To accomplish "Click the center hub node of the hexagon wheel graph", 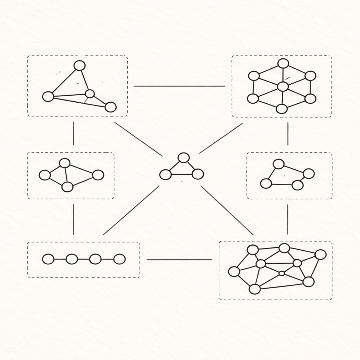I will (283, 86).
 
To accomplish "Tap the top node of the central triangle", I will (184, 157).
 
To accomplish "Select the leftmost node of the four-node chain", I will (48, 259).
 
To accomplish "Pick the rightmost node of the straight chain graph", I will (120, 259).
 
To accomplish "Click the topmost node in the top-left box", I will (80, 65).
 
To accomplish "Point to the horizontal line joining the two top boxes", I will (179, 86).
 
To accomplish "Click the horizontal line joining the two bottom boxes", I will (179, 260).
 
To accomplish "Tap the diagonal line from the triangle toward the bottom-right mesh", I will (227, 210).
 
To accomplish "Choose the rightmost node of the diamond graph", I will (98, 175).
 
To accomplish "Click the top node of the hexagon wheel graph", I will (283, 63).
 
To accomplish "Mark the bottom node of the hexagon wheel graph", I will (282, 109).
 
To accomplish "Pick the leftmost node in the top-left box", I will (48, 96).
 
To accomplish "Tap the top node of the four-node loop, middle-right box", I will (278, 164).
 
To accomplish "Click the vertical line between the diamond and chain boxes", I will (73, 219).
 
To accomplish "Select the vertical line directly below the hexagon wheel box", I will (288, 134).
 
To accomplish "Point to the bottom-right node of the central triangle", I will (198, 174).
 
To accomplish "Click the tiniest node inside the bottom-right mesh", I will (282, 273).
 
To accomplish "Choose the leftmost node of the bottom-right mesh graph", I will (234, 271).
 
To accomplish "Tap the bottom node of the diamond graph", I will (67, 187).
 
